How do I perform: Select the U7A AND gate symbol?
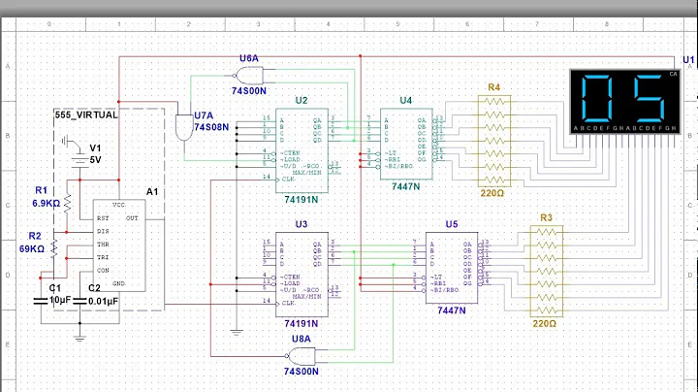(183, 125)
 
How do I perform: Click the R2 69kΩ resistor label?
(45, 243)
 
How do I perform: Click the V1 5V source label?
(95, 153)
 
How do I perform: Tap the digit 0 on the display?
(599, 97)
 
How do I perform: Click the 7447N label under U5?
(451, 310)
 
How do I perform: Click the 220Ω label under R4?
(493, 193)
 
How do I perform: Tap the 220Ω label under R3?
(545, 323)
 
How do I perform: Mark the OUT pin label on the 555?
(132, 218)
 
